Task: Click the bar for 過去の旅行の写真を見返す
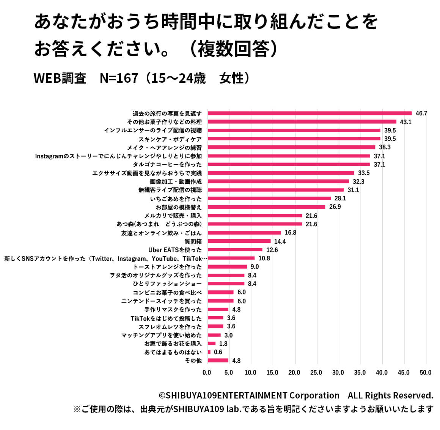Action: (310, 113)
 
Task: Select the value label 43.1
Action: (405, 122)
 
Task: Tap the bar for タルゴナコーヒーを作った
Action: (289, 164)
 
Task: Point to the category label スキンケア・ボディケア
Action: (170, 139)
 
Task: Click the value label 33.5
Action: (364, 173)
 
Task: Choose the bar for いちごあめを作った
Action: (269, 198)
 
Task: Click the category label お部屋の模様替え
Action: (179, 207)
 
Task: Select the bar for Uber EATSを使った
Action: (235, 250)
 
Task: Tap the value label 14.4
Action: (280, 241)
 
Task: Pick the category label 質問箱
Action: (193, 241)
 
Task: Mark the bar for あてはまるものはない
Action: (209, 352)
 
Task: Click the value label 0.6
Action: (218, 352)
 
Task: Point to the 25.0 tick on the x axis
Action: (316, 373)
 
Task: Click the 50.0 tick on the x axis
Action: (426, 373)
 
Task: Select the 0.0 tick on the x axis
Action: (207, 373)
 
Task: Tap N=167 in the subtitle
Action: (119, 78)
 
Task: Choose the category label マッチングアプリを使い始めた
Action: (162, 335)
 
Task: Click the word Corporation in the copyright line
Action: (314, 395)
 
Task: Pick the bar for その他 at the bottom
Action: (218, 361)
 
